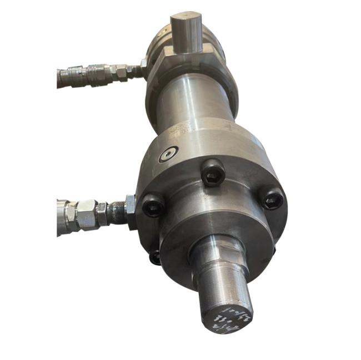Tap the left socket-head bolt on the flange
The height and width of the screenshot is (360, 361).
[x=153, y=207]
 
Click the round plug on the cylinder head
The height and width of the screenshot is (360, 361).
[x=168, y=154]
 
